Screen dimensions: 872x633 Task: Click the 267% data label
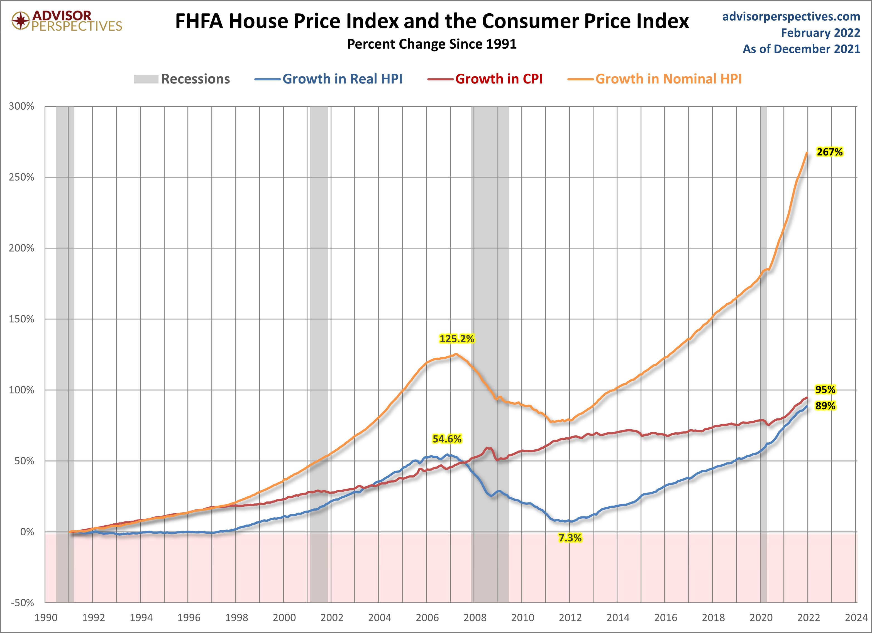[x=829, y=152]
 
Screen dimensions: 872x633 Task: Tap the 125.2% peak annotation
[x=456, y=339]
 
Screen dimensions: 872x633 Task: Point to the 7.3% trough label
[x=570, y=538]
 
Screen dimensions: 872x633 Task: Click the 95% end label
[x=825, y=390]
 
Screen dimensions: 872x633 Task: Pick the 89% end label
[x=825, y=406]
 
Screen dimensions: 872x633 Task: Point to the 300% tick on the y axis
[x=21, y=106]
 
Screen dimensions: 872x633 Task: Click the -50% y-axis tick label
[x=22, y=603]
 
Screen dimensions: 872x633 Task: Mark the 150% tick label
[x=21, y=319]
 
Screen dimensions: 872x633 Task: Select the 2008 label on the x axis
[x=475, y=618]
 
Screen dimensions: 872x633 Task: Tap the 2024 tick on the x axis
[x=856, y=618]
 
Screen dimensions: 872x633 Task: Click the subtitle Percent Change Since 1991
[x=432, y=44]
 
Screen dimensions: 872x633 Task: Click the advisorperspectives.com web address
[x=791, y=16]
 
